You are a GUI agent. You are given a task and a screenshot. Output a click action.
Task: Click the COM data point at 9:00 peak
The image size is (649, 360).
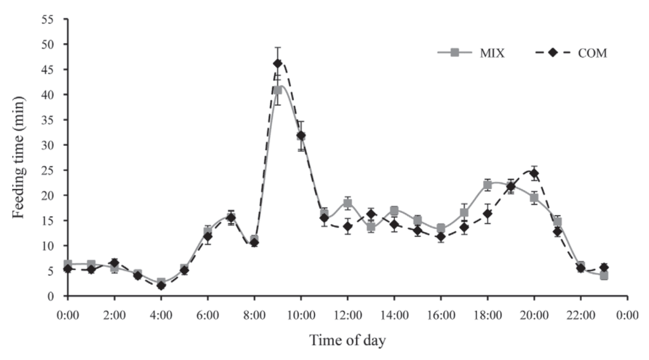(x=278, y=63)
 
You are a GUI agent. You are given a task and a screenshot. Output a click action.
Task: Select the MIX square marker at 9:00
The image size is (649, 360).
(x=278, y=90)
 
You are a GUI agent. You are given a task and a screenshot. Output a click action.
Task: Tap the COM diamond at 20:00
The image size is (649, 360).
(x=534, y=173)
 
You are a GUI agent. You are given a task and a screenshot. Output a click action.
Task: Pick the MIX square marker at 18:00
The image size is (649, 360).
(x=487, y=184)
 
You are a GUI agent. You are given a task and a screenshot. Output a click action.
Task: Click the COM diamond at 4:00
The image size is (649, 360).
(x=161, y=285)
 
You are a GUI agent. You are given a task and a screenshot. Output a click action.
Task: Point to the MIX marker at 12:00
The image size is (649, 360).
(x=347, y=203)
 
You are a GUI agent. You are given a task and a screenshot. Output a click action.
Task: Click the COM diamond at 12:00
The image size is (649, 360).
(x=347, y=226)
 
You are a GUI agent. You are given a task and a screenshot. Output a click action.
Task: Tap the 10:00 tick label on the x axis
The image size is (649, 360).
(x=301, y=314)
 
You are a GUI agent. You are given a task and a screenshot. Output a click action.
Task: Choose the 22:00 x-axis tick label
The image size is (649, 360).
(x=581, y=314)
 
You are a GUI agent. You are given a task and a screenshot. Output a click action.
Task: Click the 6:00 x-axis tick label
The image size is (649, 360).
(x=208, y=314)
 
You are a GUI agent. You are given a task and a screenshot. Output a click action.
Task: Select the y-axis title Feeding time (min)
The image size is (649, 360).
(x=19, y=157)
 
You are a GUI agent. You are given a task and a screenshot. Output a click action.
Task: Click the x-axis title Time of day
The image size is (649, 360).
(x=347, y=340)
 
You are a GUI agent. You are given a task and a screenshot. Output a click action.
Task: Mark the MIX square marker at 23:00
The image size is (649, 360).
(x=604, y=276)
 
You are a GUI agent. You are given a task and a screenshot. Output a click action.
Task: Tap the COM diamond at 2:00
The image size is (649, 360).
(x=114, y=263)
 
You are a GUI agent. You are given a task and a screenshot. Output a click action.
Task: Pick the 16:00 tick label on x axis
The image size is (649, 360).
(x=441, y=314)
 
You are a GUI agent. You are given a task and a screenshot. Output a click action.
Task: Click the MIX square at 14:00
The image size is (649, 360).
(x=394, y=210)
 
